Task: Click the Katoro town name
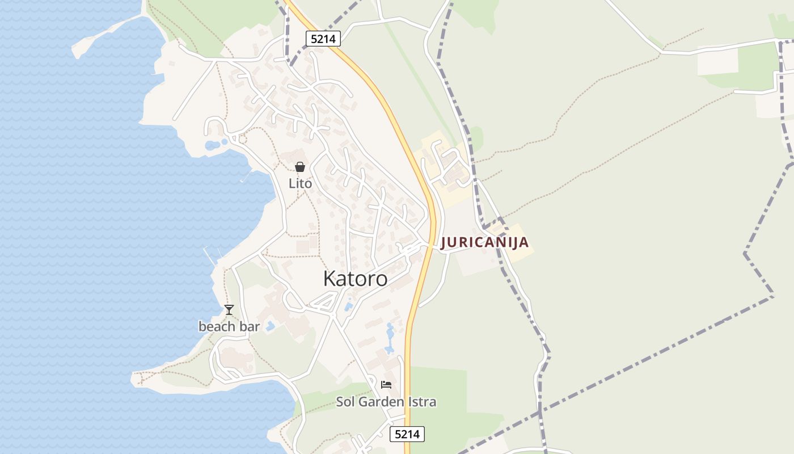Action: tap(355, 279)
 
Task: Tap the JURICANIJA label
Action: tap(485, 242)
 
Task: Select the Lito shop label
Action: tap(300, 184)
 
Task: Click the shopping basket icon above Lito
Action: tap(300, 167)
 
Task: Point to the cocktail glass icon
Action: tap(229, 310)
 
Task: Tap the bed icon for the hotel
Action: tap(386, 385)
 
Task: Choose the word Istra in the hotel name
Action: tap(424, 402)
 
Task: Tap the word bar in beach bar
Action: tap(249, 326)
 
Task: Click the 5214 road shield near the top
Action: tap(323, 39)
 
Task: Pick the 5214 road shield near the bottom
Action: tap(407, 434)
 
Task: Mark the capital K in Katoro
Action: tap(330, 279)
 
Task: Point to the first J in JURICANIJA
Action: tap(444, 242)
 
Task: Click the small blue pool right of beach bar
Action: tap(271, 327)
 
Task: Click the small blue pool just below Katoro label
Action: tap(348, 306)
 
